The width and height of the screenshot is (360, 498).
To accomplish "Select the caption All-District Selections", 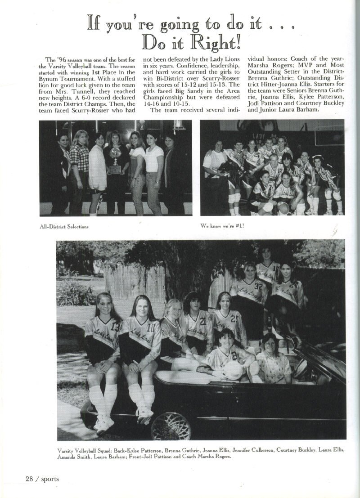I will pos(64,226).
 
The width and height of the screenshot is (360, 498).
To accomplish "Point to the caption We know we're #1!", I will pos(223,225).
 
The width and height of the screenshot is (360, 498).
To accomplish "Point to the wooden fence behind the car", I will pos(135,283).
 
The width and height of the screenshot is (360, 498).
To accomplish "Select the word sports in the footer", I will pos(50,479).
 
